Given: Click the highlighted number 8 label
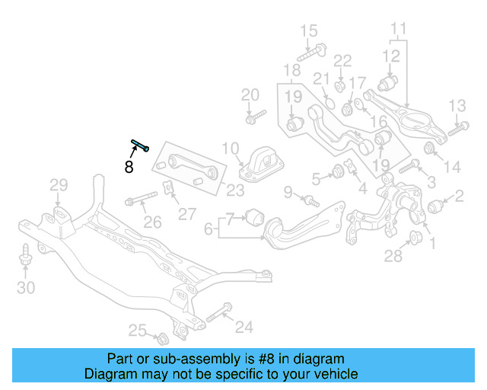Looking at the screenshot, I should pyautogui.click(x=129, y=167).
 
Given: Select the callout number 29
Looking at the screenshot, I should pyautogui.click(x=59, y=184).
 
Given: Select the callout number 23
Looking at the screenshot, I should pyautogui.click(x=236, y=190).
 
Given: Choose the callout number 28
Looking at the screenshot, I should pyautogui.click(x=393, y=256).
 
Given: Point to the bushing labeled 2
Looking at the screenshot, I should pyautogui.click(x=436, y=206).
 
